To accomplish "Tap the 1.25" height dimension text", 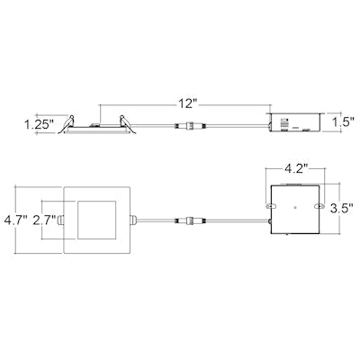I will point(39,121).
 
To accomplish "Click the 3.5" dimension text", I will point(341,207).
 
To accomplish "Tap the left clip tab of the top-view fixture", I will point(59,218).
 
